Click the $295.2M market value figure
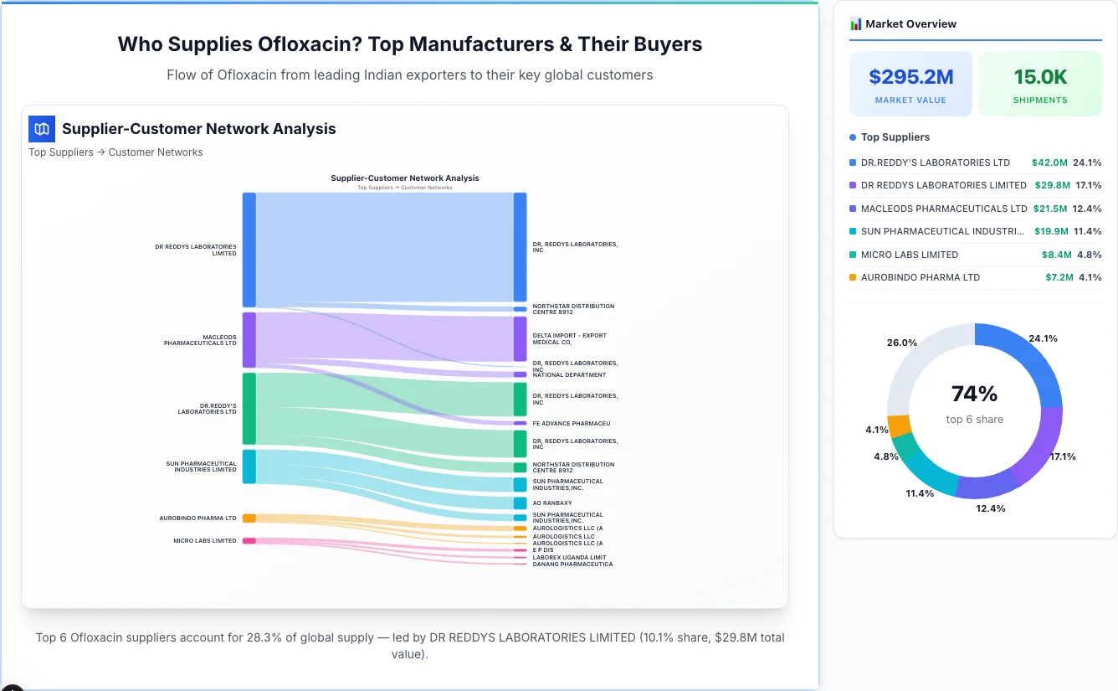tap(910, 77)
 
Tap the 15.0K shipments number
tap(1040, 77)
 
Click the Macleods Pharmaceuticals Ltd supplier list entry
tap(943, 209)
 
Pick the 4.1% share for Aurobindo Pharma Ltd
tap(1090, 277)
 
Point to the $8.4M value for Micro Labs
tap(1056, 255)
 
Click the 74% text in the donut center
tap(974, 394)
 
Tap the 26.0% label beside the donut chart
tap(902, 343)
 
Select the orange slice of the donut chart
tap(899, 425)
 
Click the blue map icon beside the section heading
tap(42, 129)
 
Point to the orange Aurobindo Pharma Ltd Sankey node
tap(249, 518)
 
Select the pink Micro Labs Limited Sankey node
tap(249, 541)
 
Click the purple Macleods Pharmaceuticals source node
tap(249, 339)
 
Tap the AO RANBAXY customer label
tap(552, 503)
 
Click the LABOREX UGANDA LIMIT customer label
tap(569, 557)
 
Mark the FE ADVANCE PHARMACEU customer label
tap(571, 424)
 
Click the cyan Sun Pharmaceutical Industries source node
tap(249, 466)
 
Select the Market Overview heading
tap(910, 24)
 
